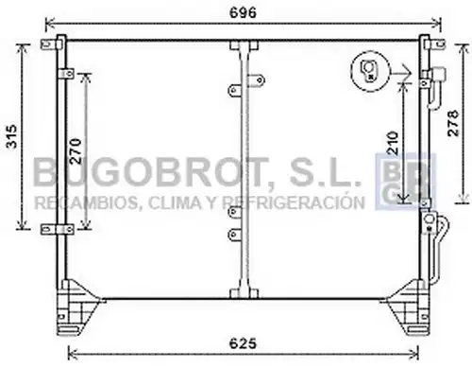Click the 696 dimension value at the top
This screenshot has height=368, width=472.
tap(243, 13)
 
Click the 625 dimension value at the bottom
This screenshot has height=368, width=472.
tap(243, 343)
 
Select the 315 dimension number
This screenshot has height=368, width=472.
tap(12, 136)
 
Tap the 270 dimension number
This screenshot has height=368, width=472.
tap(76, 150)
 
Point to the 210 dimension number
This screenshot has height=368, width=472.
tap(393, 143)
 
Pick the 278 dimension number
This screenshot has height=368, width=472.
tap(453, 123)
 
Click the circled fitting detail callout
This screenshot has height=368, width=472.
tap(370, 72)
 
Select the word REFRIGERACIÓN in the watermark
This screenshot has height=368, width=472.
tap(294, 202)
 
